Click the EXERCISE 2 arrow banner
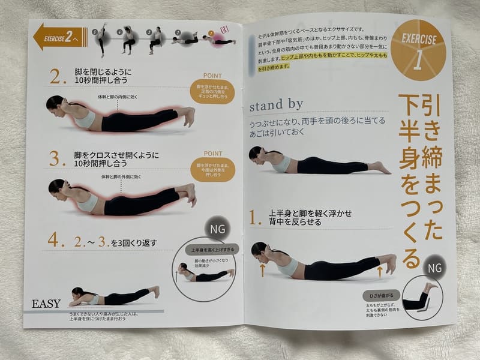61,37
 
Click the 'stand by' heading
276,104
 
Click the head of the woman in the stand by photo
257,154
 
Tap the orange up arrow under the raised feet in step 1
380,274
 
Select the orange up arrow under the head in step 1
262,270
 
